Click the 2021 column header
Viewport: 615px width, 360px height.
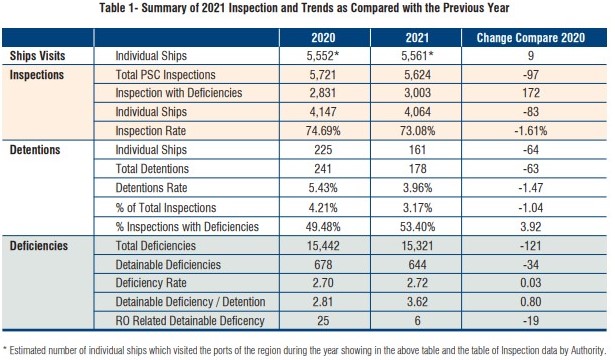(x=417, y=38)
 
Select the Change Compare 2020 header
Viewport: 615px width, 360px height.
(x=531, y=38)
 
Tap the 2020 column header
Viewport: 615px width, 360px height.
(x=323, y=38)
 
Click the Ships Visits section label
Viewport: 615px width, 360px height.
(x=37, y=56)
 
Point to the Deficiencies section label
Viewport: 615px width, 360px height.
(x=39, y=246)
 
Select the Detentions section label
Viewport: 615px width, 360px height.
(x=35, y=150)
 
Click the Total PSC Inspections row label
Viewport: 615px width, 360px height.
(x=166, y=75)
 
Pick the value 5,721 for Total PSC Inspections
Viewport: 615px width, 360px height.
(x=323, y=75)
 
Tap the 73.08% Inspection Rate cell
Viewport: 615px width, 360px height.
(x=417, y=131)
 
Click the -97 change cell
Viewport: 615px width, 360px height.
(x=531, y=75)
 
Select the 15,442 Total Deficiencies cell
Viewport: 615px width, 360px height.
(x=323, y=246)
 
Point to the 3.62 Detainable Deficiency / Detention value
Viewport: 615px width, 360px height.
(x=417, y=302)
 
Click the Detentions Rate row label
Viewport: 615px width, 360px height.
(x=151, y=188)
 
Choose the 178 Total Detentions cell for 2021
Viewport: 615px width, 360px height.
(x=417, y=169)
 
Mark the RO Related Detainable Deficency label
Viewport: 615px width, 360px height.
(x=190, y=321)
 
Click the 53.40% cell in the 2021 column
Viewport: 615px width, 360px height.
(x=417, y=227)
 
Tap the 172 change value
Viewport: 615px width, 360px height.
(x=531, y=93)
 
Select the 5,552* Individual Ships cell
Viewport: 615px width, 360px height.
(x=323, y=56)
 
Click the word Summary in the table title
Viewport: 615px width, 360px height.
(x=162, y=8)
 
